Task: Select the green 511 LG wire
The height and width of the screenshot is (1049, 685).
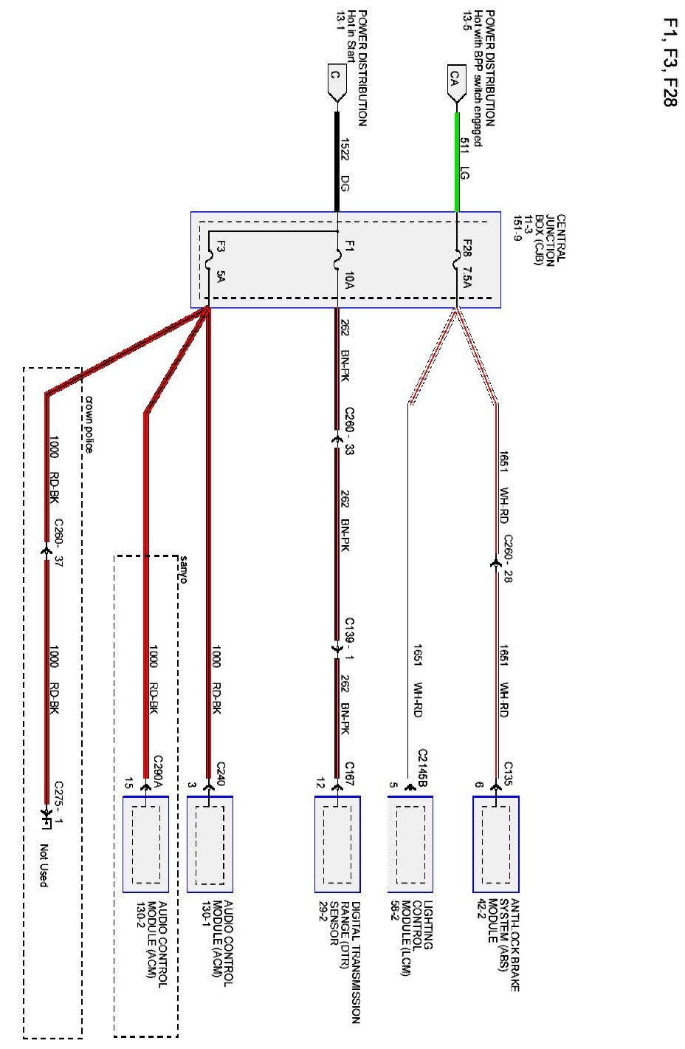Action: click(x=457, y=163)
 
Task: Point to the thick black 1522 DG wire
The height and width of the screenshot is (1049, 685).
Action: click(x=337, y=163)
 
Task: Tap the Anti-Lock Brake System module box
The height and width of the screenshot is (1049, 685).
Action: click(x=496, y=844)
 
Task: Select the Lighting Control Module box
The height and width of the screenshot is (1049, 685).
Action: click(x=410, y=844)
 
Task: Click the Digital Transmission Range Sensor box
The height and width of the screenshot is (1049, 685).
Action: click(x=337, y=844)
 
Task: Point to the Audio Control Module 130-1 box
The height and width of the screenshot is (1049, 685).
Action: click(x=210, y=844)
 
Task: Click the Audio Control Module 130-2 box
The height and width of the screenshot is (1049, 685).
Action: click(x=145, y=844)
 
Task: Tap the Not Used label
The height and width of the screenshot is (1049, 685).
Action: click(x=44, y=865)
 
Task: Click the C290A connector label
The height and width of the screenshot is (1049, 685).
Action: click(x=157, y=771)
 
